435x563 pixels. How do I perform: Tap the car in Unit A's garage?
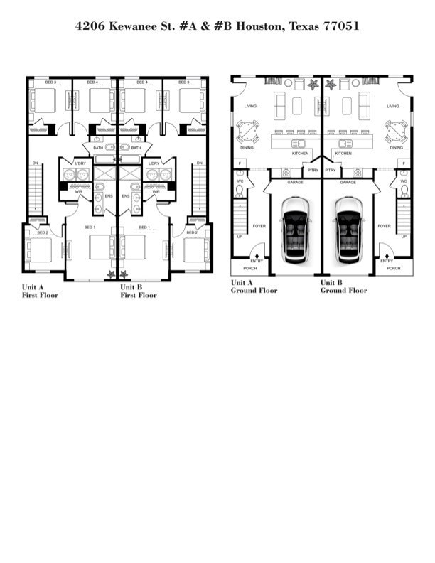295,227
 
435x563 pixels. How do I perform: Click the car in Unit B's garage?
348,227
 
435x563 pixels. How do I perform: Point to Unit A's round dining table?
248,132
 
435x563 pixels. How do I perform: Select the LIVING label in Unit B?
393,107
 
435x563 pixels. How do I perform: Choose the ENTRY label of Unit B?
387,261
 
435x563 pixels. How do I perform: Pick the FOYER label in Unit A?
259,226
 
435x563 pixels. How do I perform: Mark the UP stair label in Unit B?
404,236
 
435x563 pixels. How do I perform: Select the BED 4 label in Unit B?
142,82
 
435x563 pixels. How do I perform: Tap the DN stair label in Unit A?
36,163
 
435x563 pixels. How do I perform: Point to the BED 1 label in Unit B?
144,227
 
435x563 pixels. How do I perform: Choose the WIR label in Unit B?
155,191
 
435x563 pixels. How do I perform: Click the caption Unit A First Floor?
40,291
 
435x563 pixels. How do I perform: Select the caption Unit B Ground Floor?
344,286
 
